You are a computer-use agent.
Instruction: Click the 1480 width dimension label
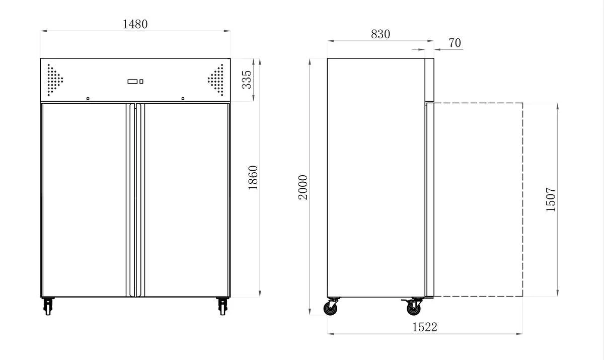coord(135,24)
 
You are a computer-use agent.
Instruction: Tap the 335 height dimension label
coord(247,80)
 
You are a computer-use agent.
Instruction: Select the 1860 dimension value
coord(253,178)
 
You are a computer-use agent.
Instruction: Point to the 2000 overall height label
coord(303,187)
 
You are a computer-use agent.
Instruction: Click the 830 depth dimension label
coord(381,34)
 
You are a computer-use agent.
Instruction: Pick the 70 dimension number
coord(455,43)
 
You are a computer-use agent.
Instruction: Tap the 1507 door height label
coord(551,199)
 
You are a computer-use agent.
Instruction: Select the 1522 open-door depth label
coord(425,327)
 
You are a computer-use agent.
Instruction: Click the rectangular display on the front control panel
coord(132,82)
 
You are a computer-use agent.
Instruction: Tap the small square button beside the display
coord(141,82)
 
